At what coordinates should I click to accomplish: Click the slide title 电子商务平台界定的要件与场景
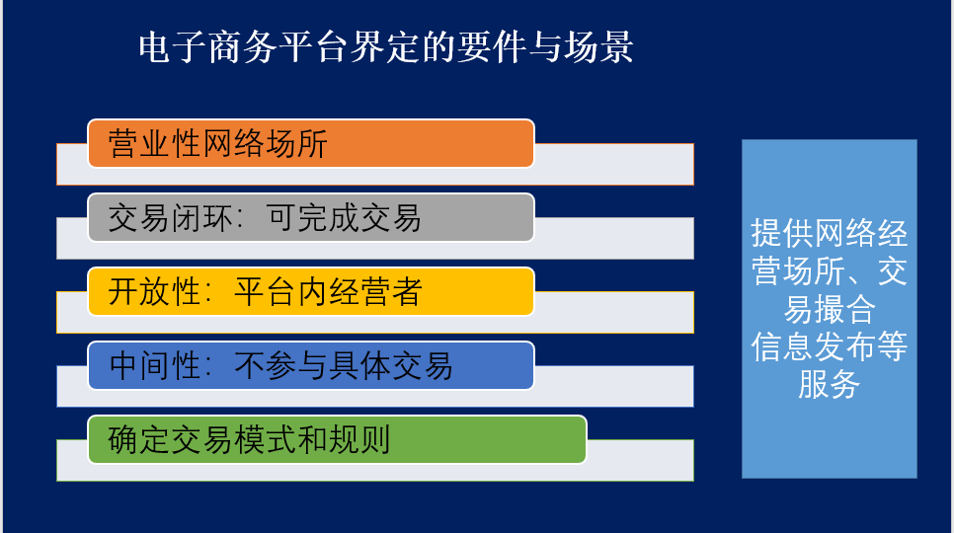click(386, 47)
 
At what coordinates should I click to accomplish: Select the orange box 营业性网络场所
click(311, 143)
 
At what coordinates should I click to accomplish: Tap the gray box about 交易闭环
click(311, 217)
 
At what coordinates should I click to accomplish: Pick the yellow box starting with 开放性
click(311, 292)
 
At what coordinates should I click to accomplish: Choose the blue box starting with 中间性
click(311, 366)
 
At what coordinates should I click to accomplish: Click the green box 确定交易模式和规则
click(337, 439)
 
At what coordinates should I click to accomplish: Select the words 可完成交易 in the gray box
click(344, 217)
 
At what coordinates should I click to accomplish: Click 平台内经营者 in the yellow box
click(328, 292)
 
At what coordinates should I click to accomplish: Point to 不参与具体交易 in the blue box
click(344, 366)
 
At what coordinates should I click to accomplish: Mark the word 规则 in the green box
click(359, 440)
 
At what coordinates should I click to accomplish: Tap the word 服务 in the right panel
click(830, 384)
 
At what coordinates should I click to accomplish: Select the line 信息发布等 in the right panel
click(830, 346)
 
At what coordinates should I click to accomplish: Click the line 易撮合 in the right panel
click(830, 309)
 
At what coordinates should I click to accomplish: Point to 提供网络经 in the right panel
click(830, 233)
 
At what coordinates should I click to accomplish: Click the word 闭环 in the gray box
click(202, 217)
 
